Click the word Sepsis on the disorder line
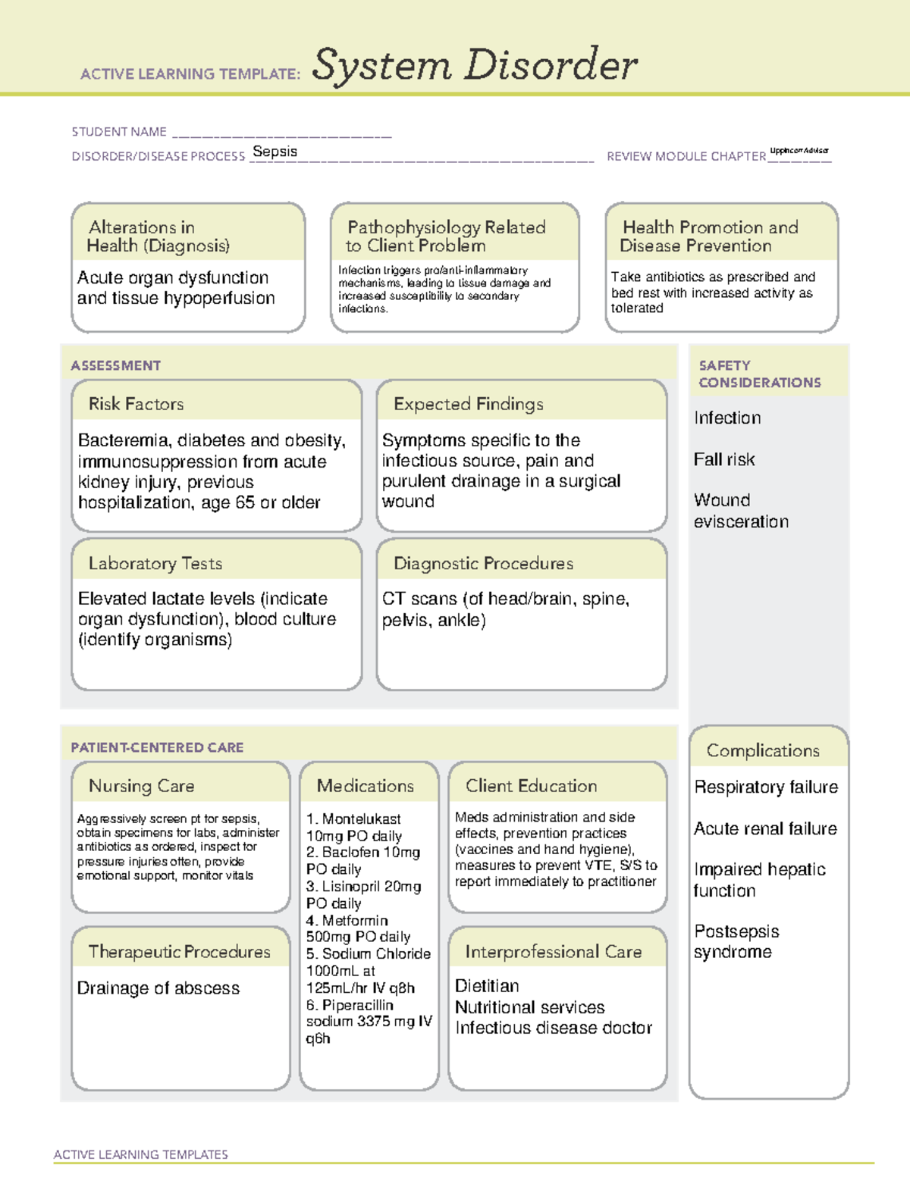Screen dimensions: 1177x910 275,152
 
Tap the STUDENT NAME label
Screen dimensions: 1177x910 119,132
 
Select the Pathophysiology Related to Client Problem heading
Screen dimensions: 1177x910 446,236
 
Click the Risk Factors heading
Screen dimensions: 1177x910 136,404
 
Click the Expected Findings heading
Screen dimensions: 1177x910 468,404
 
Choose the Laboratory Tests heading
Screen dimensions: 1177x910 155,563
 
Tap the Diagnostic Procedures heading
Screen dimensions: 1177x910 483,563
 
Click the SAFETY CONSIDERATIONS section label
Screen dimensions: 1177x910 759,374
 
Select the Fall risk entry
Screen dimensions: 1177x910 724,459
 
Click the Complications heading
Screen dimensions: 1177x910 762,750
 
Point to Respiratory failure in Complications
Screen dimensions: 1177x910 766,787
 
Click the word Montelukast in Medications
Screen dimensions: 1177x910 361,819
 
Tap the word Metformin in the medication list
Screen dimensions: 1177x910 354,920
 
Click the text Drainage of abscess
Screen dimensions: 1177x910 158,988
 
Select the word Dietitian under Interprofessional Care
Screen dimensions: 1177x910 487,986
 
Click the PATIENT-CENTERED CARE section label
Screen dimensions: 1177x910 157,747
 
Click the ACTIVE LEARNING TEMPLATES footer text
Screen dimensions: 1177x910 140,1154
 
